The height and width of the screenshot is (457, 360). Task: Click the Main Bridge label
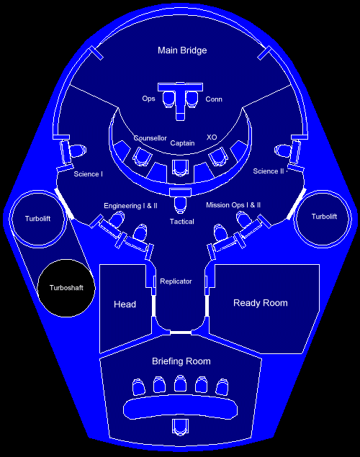[x=182, y=50]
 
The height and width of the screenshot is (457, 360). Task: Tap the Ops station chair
[x=168, y=99]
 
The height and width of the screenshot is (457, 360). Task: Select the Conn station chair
[x=192, y=99]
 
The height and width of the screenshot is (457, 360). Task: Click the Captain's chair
[x=180, y=168]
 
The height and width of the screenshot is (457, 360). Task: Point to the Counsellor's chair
[x=143, y=156]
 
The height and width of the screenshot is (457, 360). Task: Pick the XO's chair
[x=217, y=156]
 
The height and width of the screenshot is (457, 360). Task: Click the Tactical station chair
[x=181, y=205]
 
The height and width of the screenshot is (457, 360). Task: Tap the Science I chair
[x=78, y=150]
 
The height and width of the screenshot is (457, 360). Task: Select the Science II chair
[x=283, y=150]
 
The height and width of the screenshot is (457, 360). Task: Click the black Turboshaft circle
[x=66, y=288]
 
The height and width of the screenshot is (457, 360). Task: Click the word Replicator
[x=176, y=281]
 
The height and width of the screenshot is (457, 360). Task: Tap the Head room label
[x=125, y=304]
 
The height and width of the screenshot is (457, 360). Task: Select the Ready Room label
[x=261, y=303]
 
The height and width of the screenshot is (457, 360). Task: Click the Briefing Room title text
[x=181, y=361]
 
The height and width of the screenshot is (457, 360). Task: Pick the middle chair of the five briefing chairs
[x=180, y=384]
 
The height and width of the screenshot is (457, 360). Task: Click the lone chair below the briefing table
[x=180, y=427]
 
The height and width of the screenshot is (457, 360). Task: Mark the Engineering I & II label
[x=130, y=206]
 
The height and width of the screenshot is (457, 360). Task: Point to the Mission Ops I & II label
[x=233, y=205]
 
